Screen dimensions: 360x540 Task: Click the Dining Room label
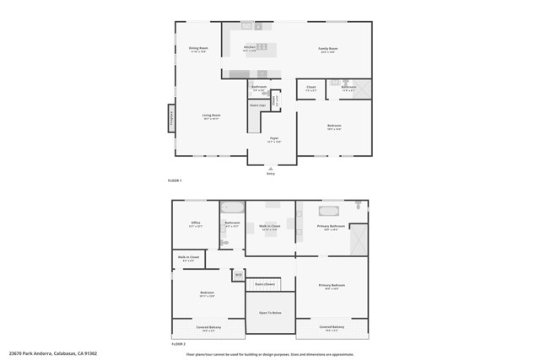point(198,49)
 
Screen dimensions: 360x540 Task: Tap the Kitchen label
point(250,47)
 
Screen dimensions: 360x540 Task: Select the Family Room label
point(327,49)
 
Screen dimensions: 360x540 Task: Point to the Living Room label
point(211,116)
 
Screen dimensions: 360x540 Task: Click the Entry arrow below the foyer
point(271,168)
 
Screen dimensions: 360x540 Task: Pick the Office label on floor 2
point(195,223)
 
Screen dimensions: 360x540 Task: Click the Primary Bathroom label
point(331,226)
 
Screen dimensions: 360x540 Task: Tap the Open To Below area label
point(270,312)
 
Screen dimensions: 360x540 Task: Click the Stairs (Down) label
point(265,284)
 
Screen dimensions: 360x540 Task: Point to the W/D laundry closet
point(239,275)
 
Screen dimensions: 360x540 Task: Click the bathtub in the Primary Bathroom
point(327,211)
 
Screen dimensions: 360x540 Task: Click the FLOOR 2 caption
point(177,344)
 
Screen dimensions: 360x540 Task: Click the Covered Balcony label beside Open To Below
point(332,327)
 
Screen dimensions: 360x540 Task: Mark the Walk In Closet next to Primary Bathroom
point(270,226)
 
